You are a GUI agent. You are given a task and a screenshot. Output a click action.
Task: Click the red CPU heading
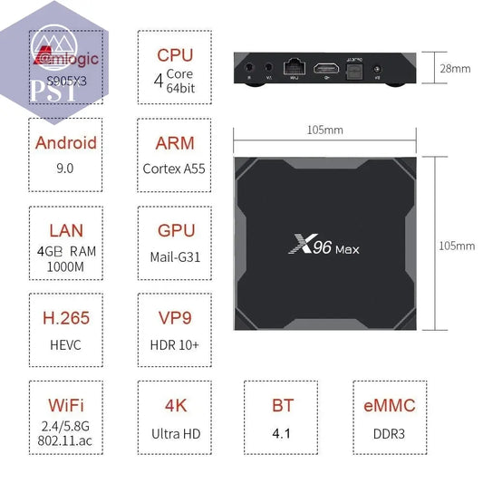click(175, 54)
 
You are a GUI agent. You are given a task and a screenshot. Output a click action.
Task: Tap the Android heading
click(65, 143)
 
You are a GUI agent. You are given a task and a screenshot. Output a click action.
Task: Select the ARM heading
click(175, 143)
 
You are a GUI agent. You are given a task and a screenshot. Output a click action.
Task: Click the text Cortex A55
click(175, 169)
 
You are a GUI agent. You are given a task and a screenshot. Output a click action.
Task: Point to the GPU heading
click(175, 231)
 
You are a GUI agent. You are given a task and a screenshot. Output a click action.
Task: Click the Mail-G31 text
click(175, 256)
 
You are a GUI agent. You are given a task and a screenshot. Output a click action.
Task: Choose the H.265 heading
click(65, 319)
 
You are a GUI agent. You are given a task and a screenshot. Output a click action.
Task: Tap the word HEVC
click(65, 345)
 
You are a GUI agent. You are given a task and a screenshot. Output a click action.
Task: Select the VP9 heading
click(175, 319)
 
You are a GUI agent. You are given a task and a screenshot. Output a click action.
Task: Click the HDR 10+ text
click(175, 345)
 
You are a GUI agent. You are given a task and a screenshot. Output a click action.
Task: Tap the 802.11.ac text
click(65, 440)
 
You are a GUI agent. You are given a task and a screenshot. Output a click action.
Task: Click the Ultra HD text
click(175, 433)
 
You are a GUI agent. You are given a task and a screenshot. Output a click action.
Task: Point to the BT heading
click(282, 407)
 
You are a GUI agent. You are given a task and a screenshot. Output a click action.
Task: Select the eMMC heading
click(390, 407)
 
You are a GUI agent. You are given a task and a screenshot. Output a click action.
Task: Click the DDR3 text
click(390, 433)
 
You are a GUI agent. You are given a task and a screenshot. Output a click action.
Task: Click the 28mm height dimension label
click(455, 68)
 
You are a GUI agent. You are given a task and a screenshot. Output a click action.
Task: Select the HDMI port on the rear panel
click(324, 68)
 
